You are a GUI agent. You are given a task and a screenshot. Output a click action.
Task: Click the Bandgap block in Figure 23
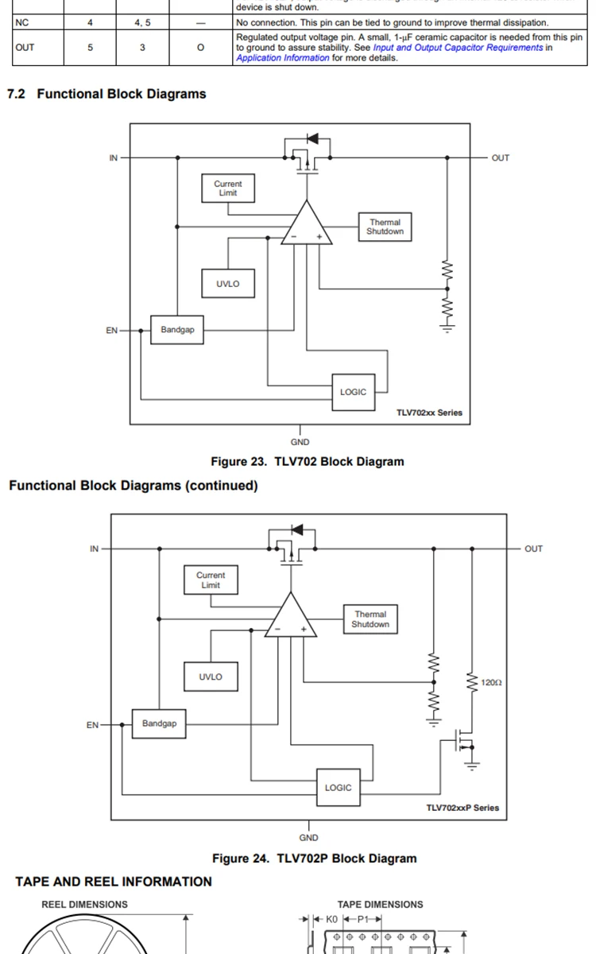point(177,329)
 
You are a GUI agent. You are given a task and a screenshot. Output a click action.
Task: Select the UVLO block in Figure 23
point(227,284)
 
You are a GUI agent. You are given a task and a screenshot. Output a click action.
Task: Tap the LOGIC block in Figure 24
point(338,787)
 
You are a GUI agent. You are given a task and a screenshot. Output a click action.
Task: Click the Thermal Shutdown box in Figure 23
point(385,227)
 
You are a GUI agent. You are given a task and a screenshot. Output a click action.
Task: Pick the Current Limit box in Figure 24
point(211,580)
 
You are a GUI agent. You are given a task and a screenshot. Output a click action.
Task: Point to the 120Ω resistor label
point(492,682)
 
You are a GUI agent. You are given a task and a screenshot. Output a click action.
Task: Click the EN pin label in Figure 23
point(111,330)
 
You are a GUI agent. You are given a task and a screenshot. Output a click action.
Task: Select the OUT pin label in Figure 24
point(533,549)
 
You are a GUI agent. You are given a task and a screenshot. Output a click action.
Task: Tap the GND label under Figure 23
point(300,442)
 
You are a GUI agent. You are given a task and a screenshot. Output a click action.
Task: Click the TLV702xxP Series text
point(462,808)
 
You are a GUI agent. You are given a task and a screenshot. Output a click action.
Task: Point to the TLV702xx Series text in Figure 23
point(429,413)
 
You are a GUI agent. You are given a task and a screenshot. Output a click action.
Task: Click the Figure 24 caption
point(314,859)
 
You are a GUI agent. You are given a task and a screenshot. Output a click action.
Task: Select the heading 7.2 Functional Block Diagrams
point(106,94)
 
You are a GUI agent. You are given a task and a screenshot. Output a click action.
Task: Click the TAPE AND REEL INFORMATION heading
point(114,882)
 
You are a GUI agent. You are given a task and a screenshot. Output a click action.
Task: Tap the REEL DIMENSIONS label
point(84,905)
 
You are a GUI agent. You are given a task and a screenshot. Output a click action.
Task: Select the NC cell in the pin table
point(21,23)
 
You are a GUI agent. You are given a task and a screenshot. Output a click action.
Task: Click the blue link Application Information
point(282,58)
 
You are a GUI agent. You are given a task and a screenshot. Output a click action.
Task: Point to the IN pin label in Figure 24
point(94,549)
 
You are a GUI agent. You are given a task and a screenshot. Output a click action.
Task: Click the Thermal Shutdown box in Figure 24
point(370,619)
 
